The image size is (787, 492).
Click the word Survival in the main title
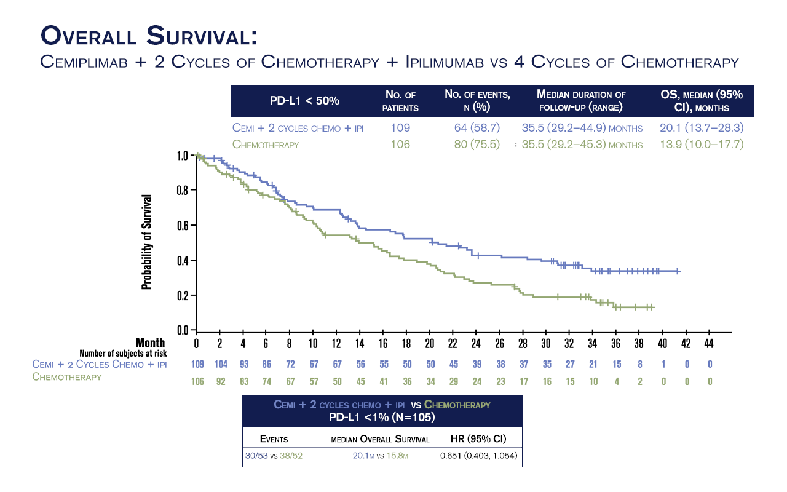pos(202,35)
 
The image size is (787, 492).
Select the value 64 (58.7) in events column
pos(477,128)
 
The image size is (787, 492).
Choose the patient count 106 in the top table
pos(401,145)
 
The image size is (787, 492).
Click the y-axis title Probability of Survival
pos(147,242)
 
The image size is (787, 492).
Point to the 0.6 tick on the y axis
pos(183,225)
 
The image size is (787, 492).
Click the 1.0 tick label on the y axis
pos(183,156)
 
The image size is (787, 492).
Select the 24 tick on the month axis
pos(476,343)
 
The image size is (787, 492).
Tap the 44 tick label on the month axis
pos(709,343)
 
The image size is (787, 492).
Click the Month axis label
pos(150,343)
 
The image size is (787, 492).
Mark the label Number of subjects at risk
pos(123,353)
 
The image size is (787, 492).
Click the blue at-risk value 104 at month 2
pos(221,364)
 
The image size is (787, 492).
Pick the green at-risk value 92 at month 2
pos(221,381)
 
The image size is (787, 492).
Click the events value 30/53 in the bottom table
pos(257,455)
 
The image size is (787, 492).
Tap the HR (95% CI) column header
pos(478,439)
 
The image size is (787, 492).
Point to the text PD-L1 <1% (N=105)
pos(382,417)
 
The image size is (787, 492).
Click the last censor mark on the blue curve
pos(678,271)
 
